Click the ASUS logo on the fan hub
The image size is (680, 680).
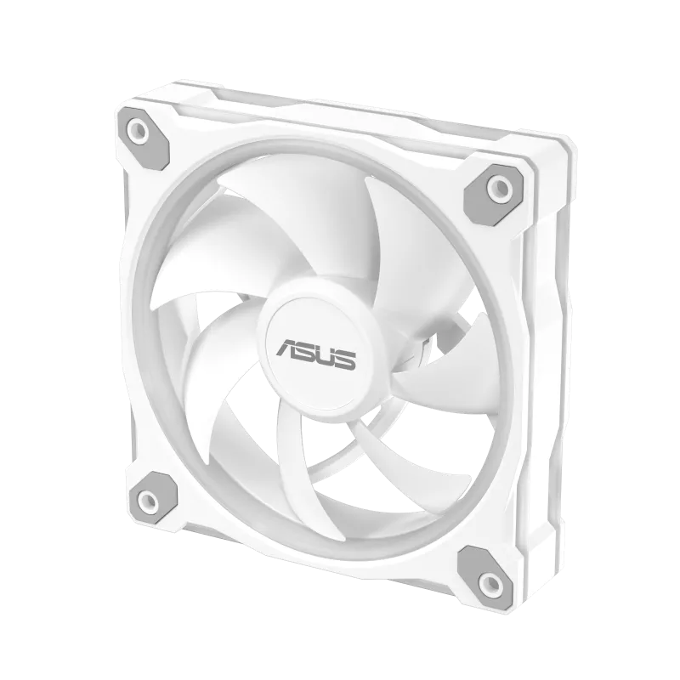(x=317, y=353)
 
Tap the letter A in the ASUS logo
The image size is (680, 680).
(x=287, y=347)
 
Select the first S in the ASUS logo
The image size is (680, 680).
(x=306, y=350)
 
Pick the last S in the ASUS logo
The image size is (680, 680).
(x=346, y=360)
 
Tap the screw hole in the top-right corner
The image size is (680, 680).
(x=500, y=187)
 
